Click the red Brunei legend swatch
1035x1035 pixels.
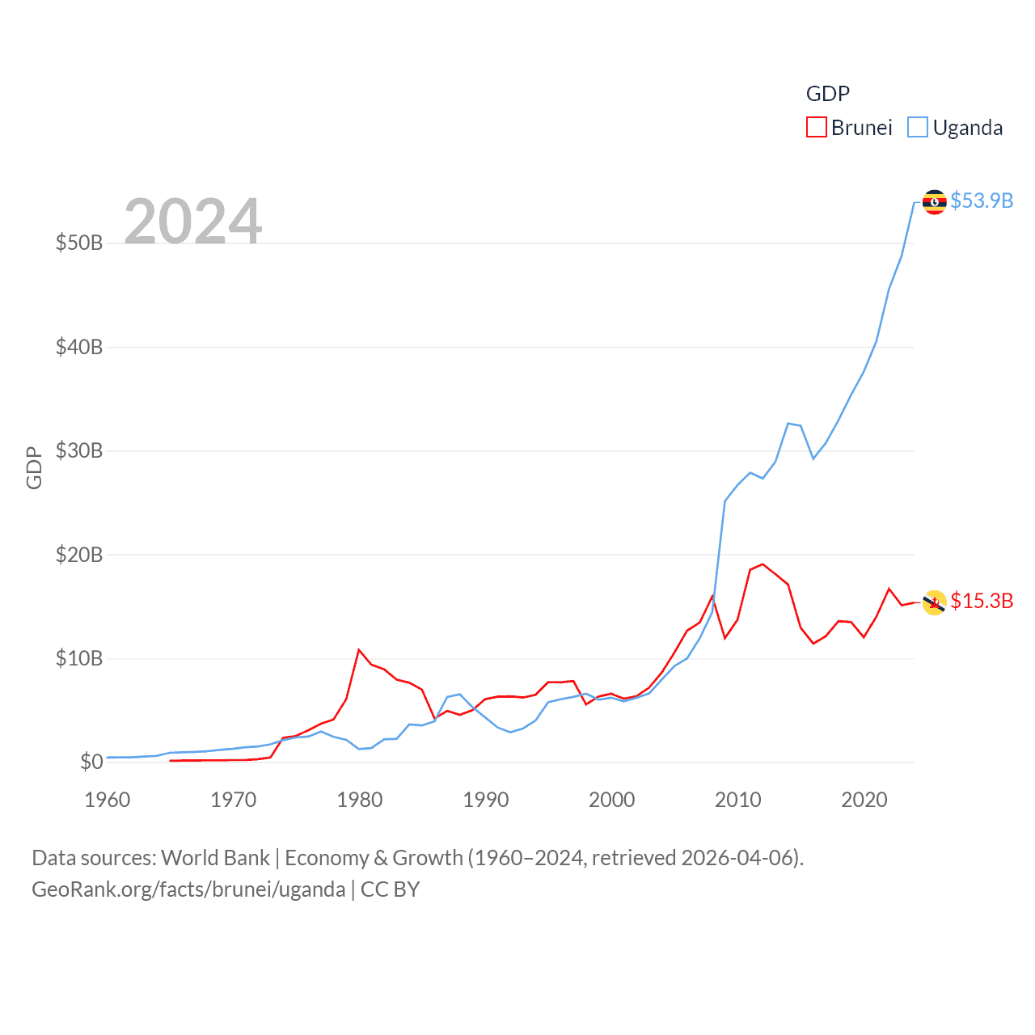coord(817,128)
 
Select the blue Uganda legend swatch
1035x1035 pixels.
coord(918,128)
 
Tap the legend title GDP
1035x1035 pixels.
coord(828,94)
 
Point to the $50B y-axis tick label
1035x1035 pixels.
coord(79,243)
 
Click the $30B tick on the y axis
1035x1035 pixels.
coord(79,450)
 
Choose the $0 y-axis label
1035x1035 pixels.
coord(91,762)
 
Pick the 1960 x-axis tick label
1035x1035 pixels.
coord(108,800)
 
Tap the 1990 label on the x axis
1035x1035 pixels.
coord(486,800)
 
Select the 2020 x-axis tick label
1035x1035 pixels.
coord(864,800)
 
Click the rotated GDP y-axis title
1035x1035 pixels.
coord(34,467)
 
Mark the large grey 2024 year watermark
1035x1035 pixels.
coord(193,221)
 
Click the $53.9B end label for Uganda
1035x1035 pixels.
coord(982,201)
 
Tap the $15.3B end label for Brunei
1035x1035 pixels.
coord(982,601)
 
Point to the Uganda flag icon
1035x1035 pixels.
coord(935,202)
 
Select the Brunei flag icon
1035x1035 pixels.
coord(935,602)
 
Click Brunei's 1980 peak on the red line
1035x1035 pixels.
coord(359,649)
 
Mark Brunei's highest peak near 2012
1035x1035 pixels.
coord(763,564)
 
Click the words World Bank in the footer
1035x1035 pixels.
coord(215,858)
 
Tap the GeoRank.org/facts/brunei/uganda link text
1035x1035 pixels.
coord(188,889)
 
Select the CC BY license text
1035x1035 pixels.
coord(390,889)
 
